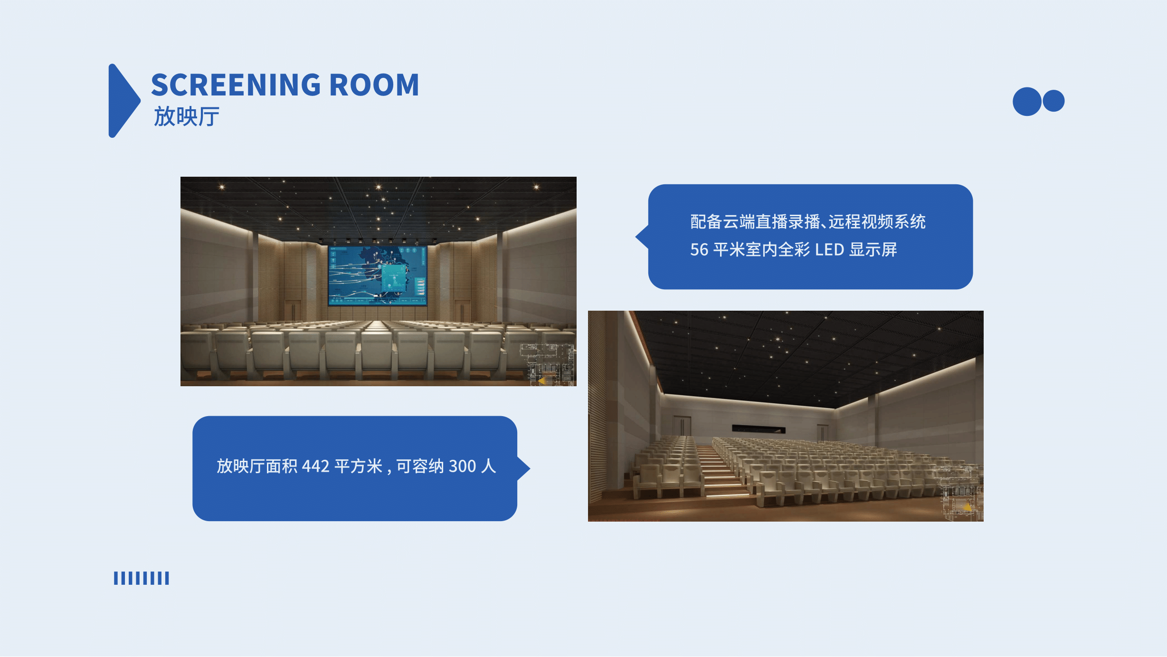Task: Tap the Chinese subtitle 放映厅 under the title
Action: pyautogui.click(x=186, y=116)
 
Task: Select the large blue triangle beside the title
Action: pyautogui.click(x=124, y=101)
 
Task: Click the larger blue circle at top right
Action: pyautogui.click(x=1027, y=101)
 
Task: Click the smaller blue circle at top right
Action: pyautogui.click(x=1053, y=101)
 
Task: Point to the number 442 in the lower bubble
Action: pyautogui.click(x=315, y=467)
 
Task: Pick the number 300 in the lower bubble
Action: pyautogui.click(x=462, y=467)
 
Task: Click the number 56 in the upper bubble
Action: pyautogui.click(x=699, y=250)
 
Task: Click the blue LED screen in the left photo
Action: pyautogui.click(x=378, y=276)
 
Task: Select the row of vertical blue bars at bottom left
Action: pyautogui.click(x=141, y=578)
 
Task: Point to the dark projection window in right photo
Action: pyautogui.click(x=759, y=429)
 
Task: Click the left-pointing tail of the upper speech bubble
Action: pyautogui.click(x=642, y=237)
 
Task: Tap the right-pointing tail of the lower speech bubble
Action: pyautogui.click(x=523, y=468)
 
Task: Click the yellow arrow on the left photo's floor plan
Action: pyautogui.click(x=541, y=381)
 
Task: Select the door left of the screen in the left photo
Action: pyautogui.click(x=293, y=311)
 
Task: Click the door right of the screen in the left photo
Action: pyautogui.click(x=462, y=311)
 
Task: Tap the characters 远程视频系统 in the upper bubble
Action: pyautogui.click(x=877, y=222)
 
